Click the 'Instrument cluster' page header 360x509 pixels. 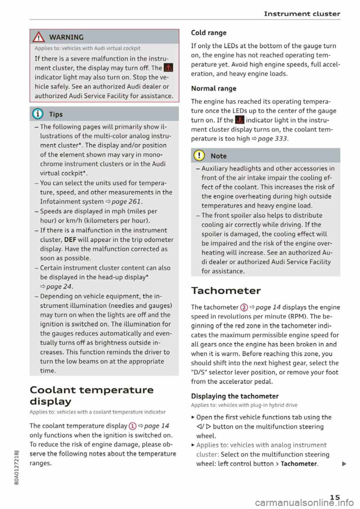[302, 14]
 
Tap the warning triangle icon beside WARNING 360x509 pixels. [39, 37]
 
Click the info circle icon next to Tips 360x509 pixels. [39, 114]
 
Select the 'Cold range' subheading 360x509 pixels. [208, 33]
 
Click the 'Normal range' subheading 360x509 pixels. [213, 88]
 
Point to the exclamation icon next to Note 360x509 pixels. [200, 156]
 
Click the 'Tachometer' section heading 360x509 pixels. [226, 290]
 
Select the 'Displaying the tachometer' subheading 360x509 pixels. [235, 396]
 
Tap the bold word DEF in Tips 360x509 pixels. [70, 240]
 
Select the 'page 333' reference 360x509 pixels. [272, 138]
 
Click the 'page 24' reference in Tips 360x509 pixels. [59, 286]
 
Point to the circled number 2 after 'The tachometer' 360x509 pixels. [244, 307]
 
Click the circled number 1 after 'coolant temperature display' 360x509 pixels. [132, 426]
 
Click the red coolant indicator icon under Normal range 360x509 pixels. [239, 120]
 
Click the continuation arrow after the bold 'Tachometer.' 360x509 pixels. [344, 464]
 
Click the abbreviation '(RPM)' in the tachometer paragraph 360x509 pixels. [298, 316]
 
